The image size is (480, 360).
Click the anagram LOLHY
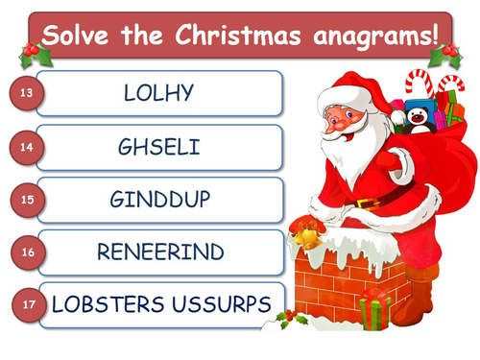click(159, 94)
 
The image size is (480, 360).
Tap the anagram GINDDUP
click(159, 200)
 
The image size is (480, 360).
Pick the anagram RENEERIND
click(159, 252)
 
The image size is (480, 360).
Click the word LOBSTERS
click(104, 304)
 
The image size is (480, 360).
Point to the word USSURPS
click(217, 304)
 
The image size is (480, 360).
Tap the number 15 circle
click(26, 200)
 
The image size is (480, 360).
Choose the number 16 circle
click(26, 252)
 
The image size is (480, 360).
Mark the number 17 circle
click(30, 304)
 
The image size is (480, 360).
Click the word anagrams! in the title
click(375, 36)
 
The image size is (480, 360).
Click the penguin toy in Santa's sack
click(420, 116)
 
